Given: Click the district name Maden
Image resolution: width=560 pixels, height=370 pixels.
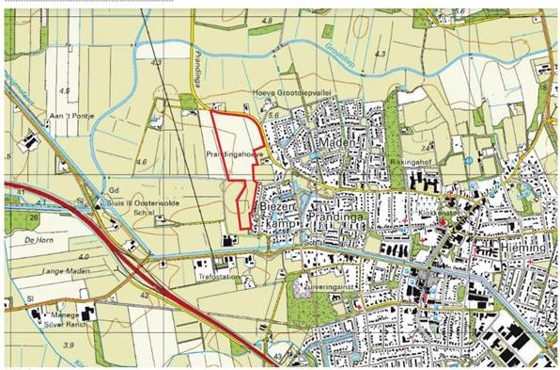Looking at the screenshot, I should click(x=336, y=141).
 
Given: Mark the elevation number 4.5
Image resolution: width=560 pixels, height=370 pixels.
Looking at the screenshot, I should click(x=65, y=90).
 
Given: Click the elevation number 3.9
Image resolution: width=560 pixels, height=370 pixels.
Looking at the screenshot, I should click(x=67, y=346).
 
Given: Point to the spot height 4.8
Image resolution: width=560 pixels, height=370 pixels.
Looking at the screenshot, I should click(x=269, y=21).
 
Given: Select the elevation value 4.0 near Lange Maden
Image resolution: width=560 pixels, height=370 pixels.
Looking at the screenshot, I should click(x=84, y=256).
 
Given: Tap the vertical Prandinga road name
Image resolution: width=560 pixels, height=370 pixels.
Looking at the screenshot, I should click(x=198, y=71).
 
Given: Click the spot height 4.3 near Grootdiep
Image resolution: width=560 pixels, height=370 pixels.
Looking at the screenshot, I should click(x=380, y=56).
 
